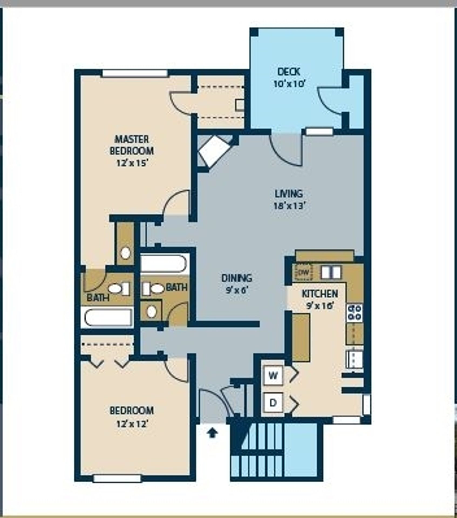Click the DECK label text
click(289, 72)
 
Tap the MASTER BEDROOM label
click(132, 145)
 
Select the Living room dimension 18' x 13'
click(289, 206)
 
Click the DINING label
click(237, 278)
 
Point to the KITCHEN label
click(320, 294)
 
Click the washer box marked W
click(273, 375)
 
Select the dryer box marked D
click(273, 403)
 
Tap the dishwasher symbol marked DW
click(303, 272)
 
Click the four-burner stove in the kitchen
click(354, 313)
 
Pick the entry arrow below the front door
click(213, 433)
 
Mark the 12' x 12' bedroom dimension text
click(132, 424)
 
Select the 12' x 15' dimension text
click(132, 163)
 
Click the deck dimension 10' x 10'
click(289, 84)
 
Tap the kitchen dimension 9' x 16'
click(320, 306)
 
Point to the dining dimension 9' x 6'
click(237, 290)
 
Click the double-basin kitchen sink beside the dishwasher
click(331, 272)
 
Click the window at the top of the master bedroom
click(134, 73)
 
